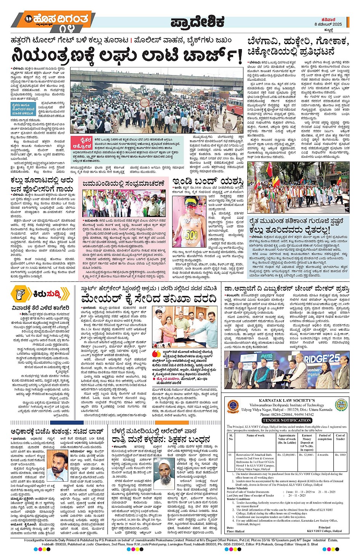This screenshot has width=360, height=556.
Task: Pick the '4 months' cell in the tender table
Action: tap(323, 455)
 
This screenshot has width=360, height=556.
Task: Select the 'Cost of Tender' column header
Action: tap(340, 437)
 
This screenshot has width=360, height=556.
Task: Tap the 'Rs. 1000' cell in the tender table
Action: tap(340, 455)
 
